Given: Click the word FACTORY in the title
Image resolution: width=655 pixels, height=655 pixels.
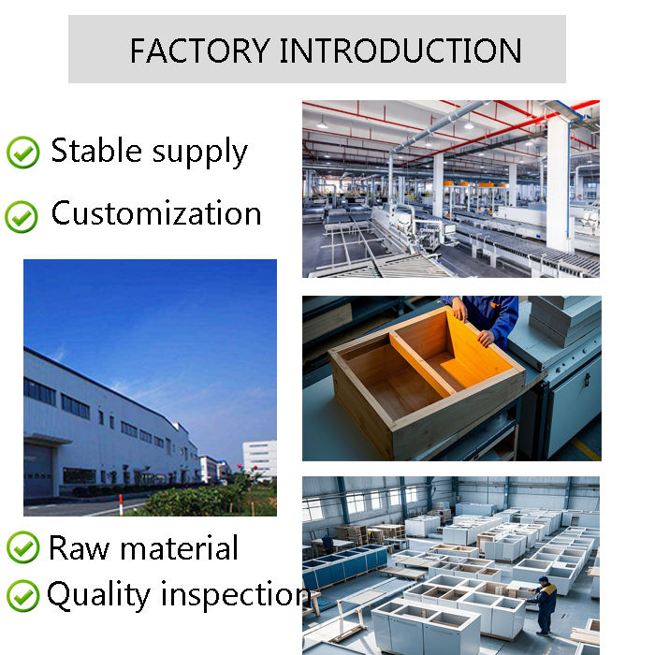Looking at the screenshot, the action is [199, 51].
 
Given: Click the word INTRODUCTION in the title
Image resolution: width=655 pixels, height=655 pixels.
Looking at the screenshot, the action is [400, 51].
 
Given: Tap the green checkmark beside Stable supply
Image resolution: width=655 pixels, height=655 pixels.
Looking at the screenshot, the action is [23, 152].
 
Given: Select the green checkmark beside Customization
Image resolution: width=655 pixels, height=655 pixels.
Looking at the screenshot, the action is [22, 216].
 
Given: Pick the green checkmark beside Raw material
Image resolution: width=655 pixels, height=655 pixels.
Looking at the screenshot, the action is [23, 546].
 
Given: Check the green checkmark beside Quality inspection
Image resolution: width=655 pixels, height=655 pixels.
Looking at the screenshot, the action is [23, 596].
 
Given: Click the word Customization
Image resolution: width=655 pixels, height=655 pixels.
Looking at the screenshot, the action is [156, 212].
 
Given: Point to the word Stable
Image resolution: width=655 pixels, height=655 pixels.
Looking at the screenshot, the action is [96, 150].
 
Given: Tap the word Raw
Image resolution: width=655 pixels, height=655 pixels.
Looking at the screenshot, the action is [79, 547].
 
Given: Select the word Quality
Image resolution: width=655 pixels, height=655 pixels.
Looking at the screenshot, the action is [98, 596].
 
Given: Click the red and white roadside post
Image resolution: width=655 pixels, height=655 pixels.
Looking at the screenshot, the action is [121, 505].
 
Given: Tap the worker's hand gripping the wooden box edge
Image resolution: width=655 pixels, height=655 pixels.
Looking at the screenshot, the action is [486, 338].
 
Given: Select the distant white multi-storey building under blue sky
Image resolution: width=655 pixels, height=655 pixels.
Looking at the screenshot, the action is [259, 459].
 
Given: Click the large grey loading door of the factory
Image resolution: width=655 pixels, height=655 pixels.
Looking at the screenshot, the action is [38, 470].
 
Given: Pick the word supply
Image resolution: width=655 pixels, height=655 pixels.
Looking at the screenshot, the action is [199, 153].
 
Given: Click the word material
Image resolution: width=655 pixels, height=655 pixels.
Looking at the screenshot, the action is [179, 547].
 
